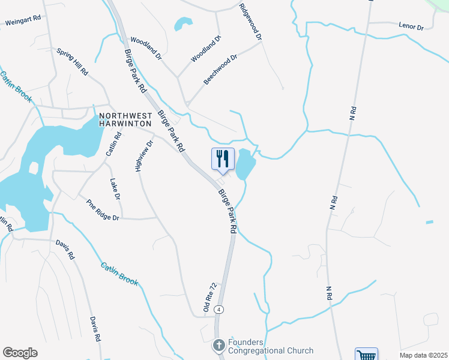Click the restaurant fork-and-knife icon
pos(223,158)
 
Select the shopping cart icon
pos(366,355)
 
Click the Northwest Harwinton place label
pos(125,119)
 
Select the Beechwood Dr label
pos(221,70)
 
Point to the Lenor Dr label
pos(411,27)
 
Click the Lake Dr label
pos(115,189)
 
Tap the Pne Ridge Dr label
pos(103,211)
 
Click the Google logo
pos(20,353)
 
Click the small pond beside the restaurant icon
pos(246,164)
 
